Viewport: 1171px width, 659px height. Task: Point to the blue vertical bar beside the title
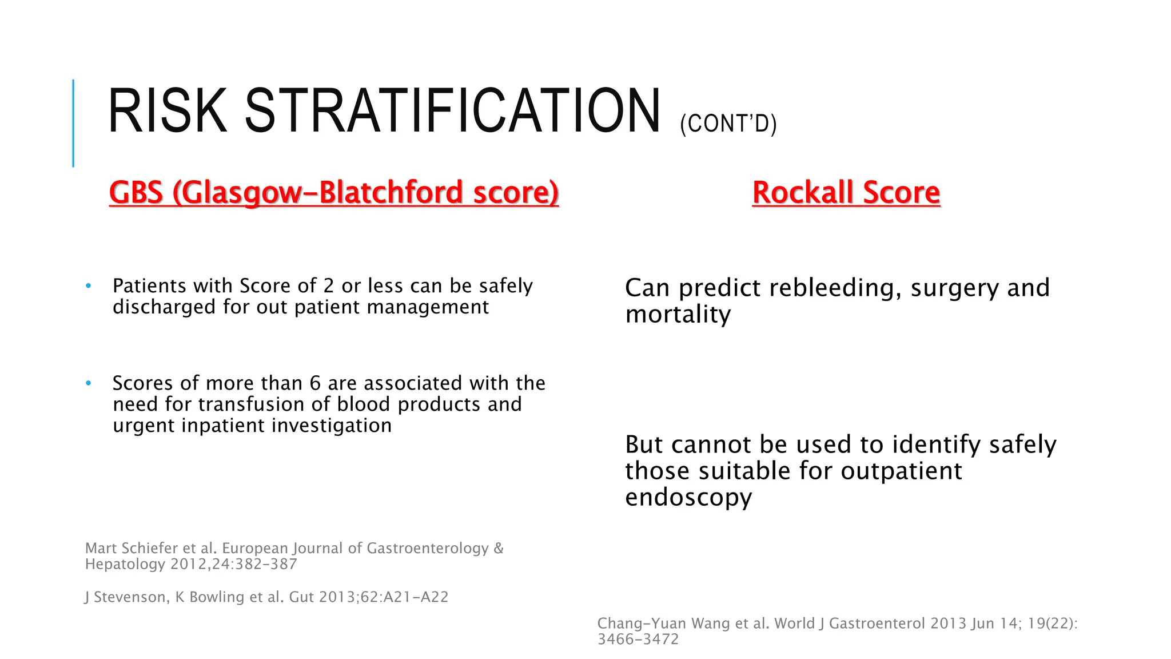point(73,123)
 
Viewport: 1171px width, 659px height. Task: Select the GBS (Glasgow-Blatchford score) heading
point(333,192)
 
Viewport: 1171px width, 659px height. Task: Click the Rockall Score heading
point(846,192)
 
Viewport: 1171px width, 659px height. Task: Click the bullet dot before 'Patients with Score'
point(88,285)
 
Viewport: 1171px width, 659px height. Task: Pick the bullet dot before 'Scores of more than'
point(88,383)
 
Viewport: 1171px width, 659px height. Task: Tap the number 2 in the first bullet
point(328,285)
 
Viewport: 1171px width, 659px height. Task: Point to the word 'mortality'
point(678,315)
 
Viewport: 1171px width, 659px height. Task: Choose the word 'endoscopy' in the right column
point(688,497)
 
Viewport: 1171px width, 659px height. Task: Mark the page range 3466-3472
point(638,639)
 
